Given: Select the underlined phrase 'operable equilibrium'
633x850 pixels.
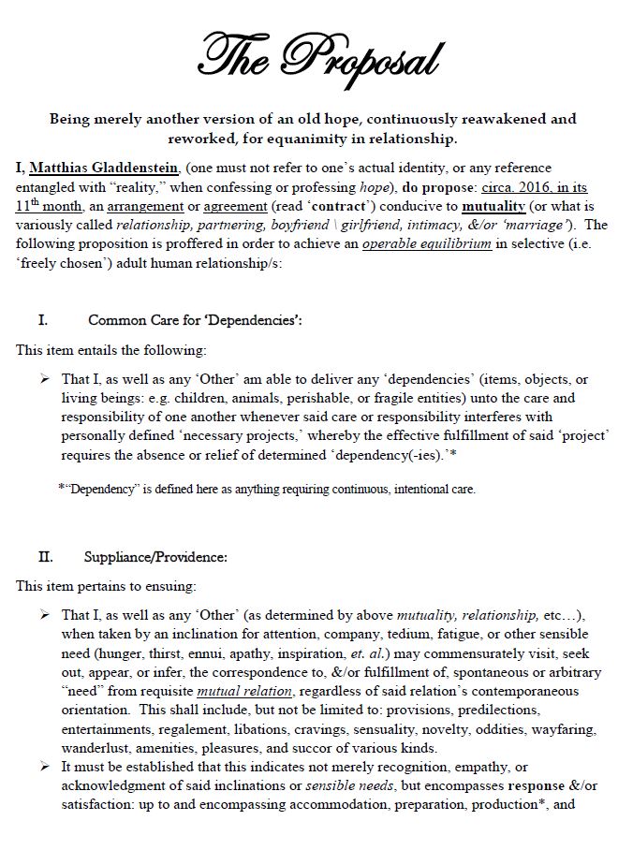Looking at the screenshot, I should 416,243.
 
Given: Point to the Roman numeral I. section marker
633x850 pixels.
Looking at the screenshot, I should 43,319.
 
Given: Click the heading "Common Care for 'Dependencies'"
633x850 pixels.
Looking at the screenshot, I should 195,320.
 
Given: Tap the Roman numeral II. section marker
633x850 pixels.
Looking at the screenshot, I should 45,557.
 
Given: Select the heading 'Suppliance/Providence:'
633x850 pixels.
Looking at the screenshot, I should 155,558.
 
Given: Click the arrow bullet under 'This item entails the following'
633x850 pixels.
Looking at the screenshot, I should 44,378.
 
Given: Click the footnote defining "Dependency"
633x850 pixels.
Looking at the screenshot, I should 267,489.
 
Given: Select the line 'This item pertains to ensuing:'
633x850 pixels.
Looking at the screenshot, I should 106,586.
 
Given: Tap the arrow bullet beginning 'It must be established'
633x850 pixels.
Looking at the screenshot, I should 44,766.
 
